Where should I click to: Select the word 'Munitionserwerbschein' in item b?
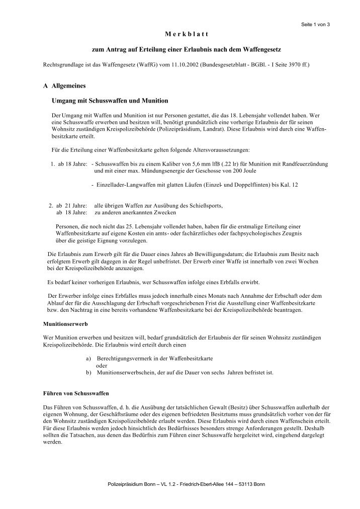[127, 373]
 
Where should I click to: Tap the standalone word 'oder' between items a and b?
[102, 366]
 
